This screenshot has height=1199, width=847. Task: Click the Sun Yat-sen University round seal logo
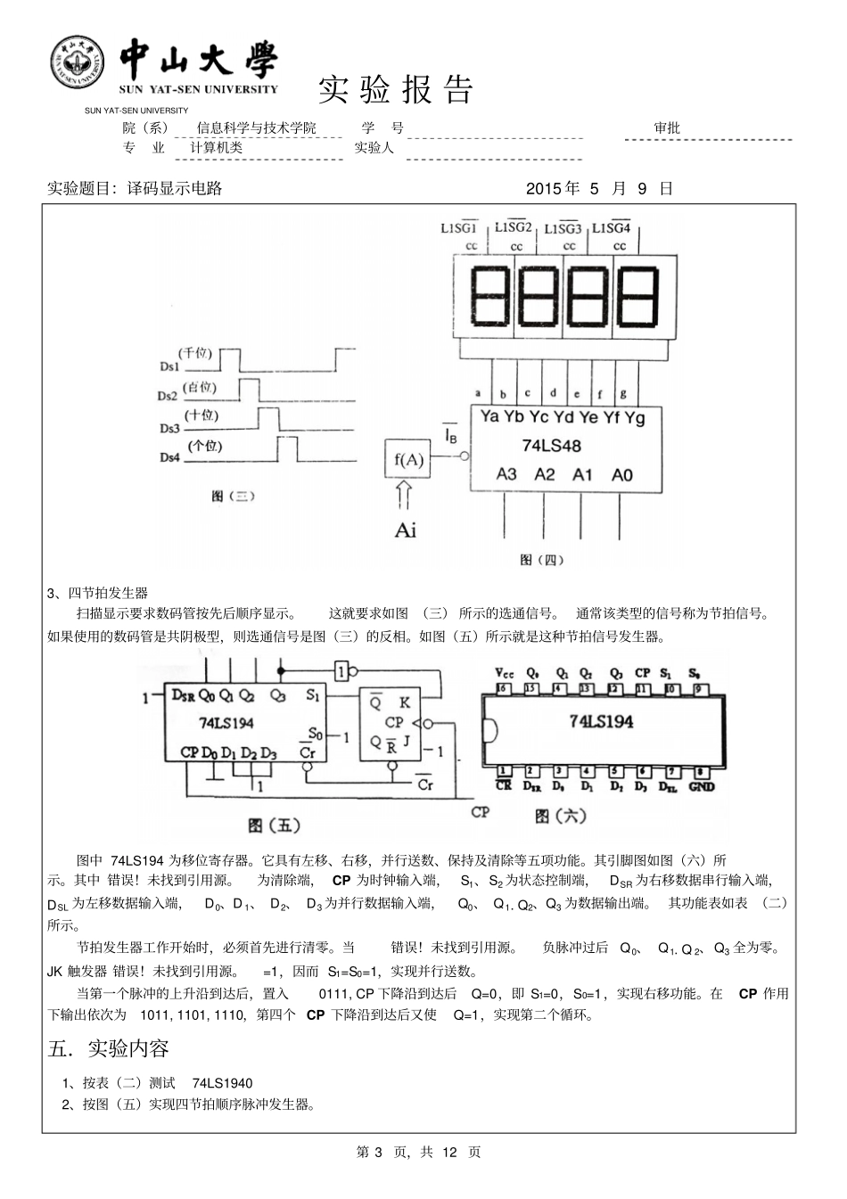click(77, 64)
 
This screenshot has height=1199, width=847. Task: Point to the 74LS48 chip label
click(551, 446)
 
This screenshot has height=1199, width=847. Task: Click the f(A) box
click(408, 460)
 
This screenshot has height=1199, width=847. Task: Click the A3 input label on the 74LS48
click(506, 475)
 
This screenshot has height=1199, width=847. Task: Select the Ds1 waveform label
click(169, 366)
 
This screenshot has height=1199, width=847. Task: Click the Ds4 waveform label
click(169, 457)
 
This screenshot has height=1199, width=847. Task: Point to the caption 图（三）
click(233, 497)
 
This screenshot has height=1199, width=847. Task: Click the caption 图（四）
click(541, 560)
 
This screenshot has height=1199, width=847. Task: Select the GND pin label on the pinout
click(701, 787)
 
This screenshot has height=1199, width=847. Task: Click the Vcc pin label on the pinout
click(505, 673)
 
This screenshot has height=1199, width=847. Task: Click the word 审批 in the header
click(667, 128)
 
